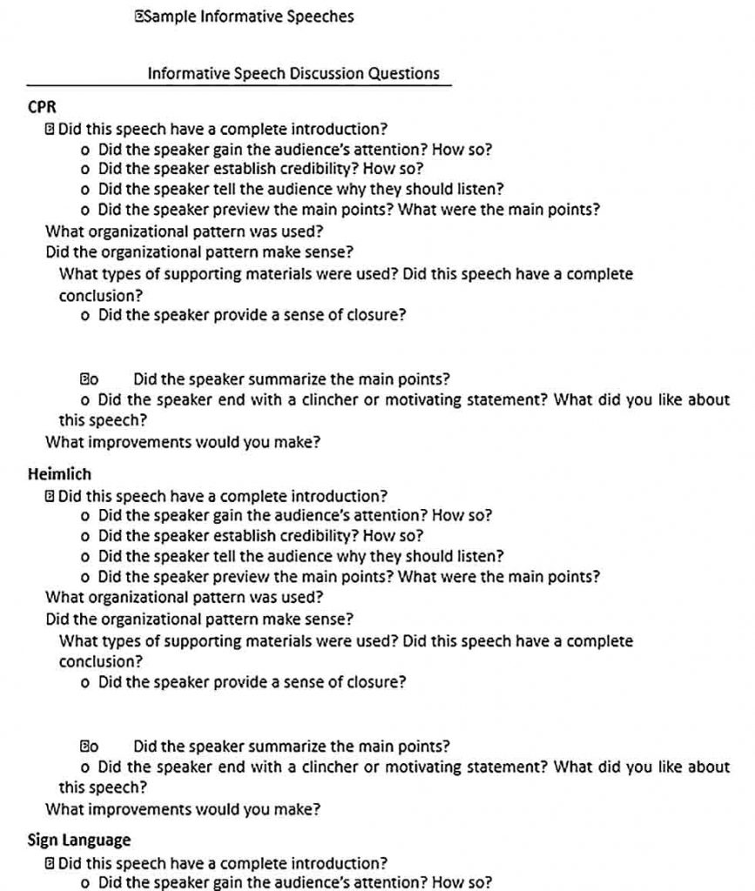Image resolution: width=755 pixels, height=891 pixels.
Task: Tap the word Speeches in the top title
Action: pyautogui.click(x=320, y=17)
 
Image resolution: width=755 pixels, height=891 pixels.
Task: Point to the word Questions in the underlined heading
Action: pyautogui.click(x=403, y=74)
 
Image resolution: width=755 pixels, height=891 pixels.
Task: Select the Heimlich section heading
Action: pyautogui.click(x=59, y=475)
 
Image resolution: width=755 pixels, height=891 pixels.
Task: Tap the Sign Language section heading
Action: pyautogui.click(x=79, y=841)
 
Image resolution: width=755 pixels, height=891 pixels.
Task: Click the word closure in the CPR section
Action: pyautogui.click(x=374, y=315)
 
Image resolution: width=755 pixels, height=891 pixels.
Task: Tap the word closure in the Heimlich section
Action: pyautogui.click(x=374, y=682)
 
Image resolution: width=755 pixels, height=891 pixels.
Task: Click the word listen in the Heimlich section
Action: pyautogui.click(x=482, y=556)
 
